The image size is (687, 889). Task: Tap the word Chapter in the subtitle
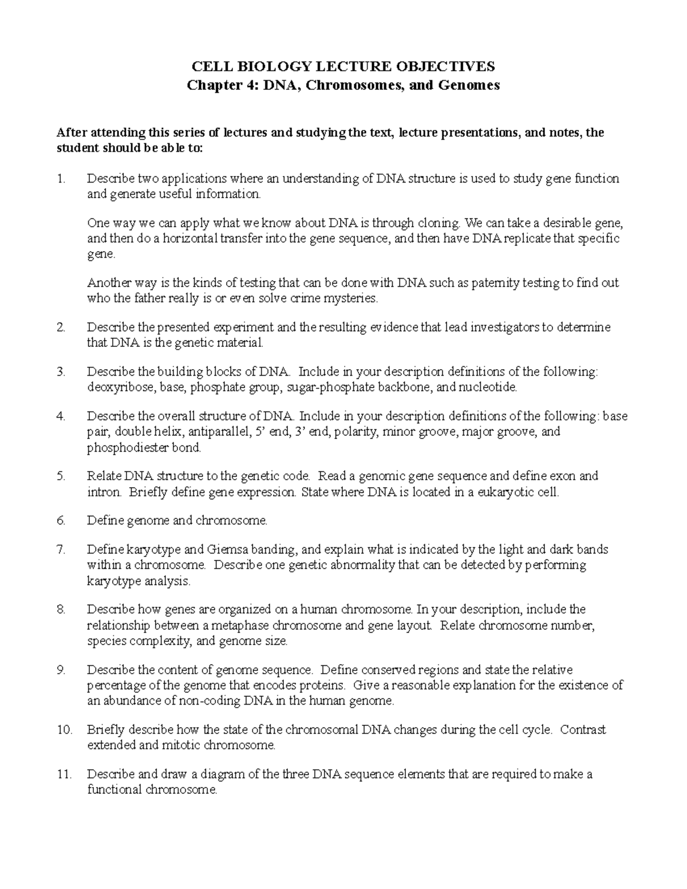pos(210,85)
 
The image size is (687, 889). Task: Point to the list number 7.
pos(61,550)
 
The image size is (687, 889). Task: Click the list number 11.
pos(64,775)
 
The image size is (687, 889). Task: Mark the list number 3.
pos(61,372)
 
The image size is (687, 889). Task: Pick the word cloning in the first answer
pos(440,223)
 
